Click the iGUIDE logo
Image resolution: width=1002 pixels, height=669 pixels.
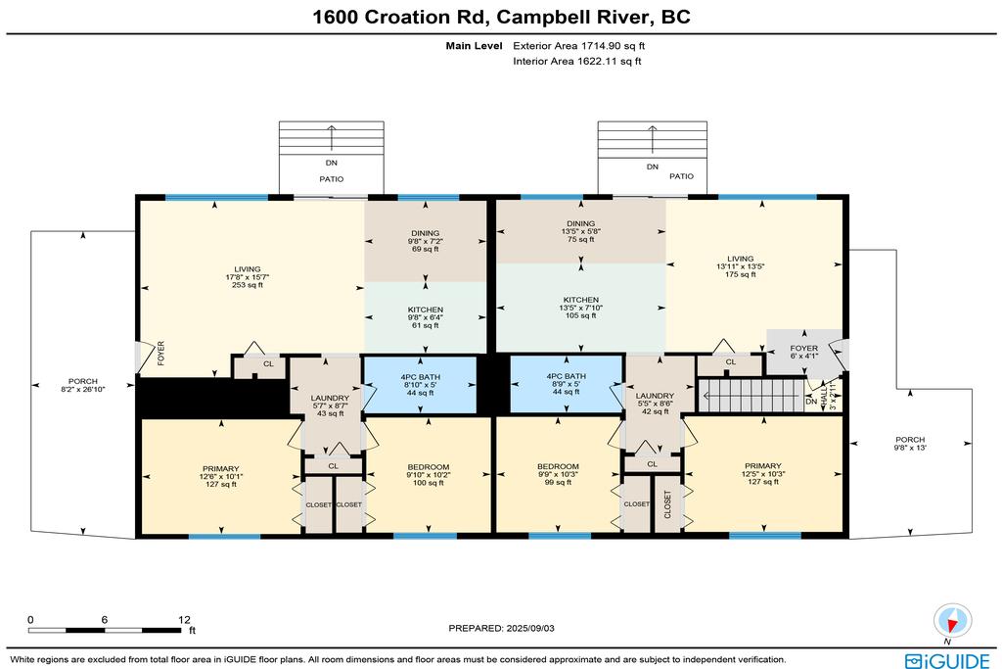(947, 660)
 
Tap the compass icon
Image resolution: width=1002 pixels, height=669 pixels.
(952, 620)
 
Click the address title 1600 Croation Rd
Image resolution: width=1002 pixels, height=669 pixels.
(401, 17)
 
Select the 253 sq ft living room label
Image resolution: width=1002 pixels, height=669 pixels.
(248, 277)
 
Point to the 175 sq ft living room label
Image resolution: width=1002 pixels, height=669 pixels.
(740, 266)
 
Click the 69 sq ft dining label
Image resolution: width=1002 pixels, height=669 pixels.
(426, 241)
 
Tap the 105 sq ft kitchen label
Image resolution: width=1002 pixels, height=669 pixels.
(581, 308)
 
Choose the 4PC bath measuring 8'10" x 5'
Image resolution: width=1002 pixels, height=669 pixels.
(421, 384)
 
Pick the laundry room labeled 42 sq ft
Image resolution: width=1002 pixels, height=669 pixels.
(655, 404)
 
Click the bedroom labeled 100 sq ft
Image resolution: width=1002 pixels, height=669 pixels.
(429, 474)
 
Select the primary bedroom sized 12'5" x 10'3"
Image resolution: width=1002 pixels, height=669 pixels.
(763, 474)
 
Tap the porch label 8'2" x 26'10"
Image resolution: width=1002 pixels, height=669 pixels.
(83, 385)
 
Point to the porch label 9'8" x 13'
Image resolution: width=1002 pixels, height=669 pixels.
(910, 444)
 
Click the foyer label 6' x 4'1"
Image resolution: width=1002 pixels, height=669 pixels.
(804, 353)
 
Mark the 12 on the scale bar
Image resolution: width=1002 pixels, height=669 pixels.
(184, 619)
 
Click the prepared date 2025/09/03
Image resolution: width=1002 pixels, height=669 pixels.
(502, 628)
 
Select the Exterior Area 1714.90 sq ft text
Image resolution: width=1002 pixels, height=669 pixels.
(579, 45)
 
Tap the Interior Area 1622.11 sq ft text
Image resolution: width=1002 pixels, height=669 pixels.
(577, 62)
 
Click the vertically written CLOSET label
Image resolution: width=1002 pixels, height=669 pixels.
(667, 504)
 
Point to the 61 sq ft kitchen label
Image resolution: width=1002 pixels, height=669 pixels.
(426, 317)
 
